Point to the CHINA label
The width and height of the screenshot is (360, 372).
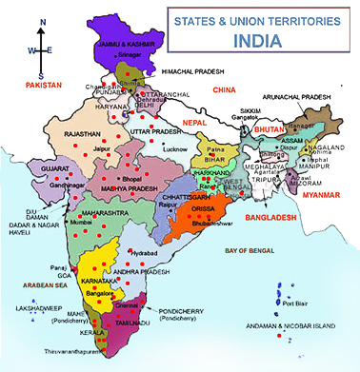click(224, 89)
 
